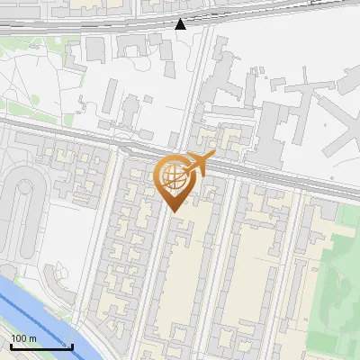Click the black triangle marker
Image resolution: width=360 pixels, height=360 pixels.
[181, 23]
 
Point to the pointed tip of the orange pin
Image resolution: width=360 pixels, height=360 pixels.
[174, 211]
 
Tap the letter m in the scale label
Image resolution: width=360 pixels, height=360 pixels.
[32, 338]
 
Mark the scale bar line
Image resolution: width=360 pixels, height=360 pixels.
[41, 346]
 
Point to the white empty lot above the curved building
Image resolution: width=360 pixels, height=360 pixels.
[67, 225]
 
